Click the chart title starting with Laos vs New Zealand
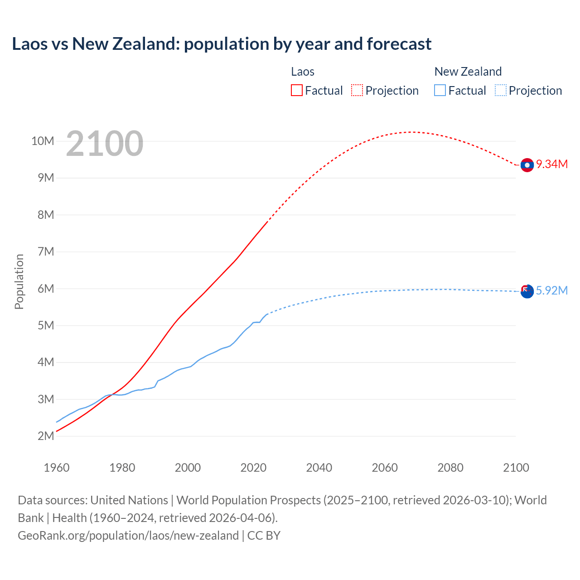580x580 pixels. pyautogui.click(x=222, y=44)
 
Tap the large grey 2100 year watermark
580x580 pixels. pyautogui.click(x=105, y=144)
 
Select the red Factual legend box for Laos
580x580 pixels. pyautogui.click(x=296, y=90)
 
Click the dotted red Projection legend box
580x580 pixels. pyautogui.click(x=357, y=90)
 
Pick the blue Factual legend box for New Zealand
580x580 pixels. pyautogui.click(x=440, y=90)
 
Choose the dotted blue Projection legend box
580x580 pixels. pyautogui.click(x=501, y=90)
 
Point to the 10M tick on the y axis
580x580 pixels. pyautogui.click(x=43, y=141)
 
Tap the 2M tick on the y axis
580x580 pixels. pyautogui.click(x=45, y=436)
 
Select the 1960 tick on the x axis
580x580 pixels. pyautogui.click(x=57, y=468)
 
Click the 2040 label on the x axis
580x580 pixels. pyautogui.click(x=319, y=468)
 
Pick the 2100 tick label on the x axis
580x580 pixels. pyautogui.click(x=516, y=468)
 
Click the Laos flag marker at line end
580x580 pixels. pyautogui.click(x=527, y=165)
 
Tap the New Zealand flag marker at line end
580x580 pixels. pyautogui.click(x=527, y=291)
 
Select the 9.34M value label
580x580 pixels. pyautogui.click(x=552, y=164)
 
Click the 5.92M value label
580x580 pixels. pyautogui.click(x=552, y=290)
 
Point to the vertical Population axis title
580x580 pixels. pyautogui.click(x=19, y=281)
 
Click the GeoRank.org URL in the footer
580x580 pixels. pyautogui.click(x=128, y=535)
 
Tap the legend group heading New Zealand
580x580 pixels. pyautogui.click(x=468, y=72)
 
